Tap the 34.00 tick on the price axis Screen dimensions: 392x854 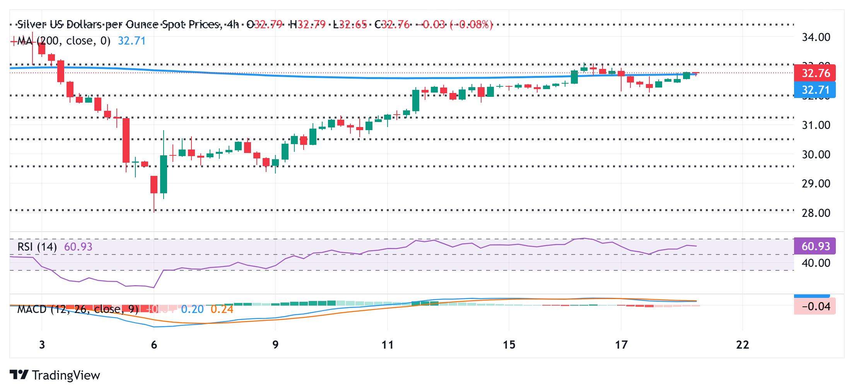[x=816, y=38]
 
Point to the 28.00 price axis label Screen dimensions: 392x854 [x=816, y=213]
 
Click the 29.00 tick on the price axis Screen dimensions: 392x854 [x=816, y=184]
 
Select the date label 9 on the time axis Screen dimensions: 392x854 [x=275, y=345]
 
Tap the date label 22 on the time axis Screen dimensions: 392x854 [x=743, y=345]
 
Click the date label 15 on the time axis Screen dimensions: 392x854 [x=509, y=345]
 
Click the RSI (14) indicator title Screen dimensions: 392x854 [x=37, y=247]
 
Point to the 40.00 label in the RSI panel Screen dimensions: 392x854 [x=816, y=263]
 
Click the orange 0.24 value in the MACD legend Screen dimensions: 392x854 [x=222, y=309]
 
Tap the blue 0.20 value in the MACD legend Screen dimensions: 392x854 [x=192, y=309]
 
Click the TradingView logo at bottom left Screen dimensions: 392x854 [x=55, y=375]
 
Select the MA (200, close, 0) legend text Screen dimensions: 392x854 [x=64, y=41]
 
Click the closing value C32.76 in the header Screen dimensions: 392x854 [x=392, y=25]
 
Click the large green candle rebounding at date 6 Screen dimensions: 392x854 [x=164, y=174]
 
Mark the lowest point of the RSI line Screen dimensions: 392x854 [x=154, y=287]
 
